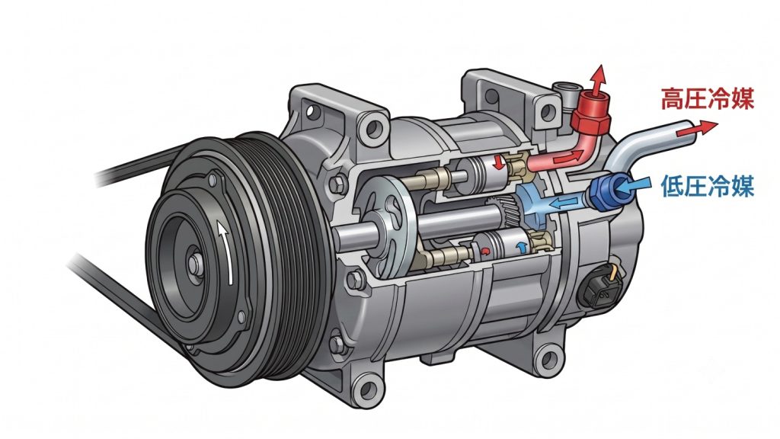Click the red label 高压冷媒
coord(708,98)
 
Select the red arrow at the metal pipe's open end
coord(697,128)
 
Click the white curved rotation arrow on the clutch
coord(227,253)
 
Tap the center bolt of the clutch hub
coord(193,263)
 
